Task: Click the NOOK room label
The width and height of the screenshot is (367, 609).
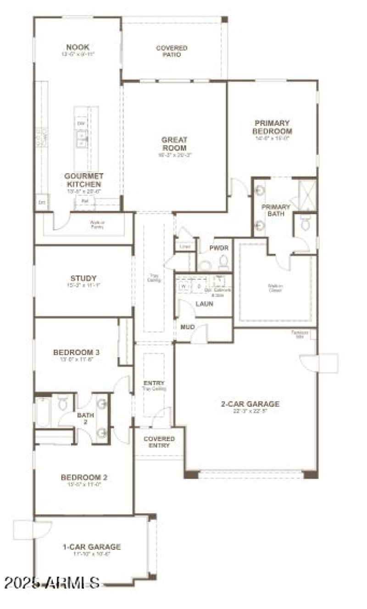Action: [x=78, y=47]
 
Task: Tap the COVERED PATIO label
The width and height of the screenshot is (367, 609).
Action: [x=172, y=51]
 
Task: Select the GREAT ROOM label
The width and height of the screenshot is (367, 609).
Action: [x=174, y=144]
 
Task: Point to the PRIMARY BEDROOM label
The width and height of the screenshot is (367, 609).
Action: [x=272, y=127]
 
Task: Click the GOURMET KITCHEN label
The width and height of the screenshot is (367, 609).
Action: [x=84, y=180]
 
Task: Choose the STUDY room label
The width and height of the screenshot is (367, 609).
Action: [x=83, y=278]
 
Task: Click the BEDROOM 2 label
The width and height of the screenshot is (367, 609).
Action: [x=84, y=477]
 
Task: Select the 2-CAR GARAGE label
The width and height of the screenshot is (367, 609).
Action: [x=250, y=404]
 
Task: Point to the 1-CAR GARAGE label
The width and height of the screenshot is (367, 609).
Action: [x=92, y=547]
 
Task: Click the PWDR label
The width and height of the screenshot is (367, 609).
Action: [x=216, y=248]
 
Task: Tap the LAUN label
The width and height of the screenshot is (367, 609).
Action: [x=204, y=304]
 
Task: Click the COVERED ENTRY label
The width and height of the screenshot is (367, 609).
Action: [x=159, y=442]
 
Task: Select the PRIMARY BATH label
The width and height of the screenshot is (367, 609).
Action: [x=276, y=210]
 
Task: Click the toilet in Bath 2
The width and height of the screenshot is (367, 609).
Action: [x=63, y=404]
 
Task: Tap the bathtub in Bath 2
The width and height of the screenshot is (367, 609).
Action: [x=43, y=411]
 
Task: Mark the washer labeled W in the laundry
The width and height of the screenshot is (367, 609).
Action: [x=184, y=286]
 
